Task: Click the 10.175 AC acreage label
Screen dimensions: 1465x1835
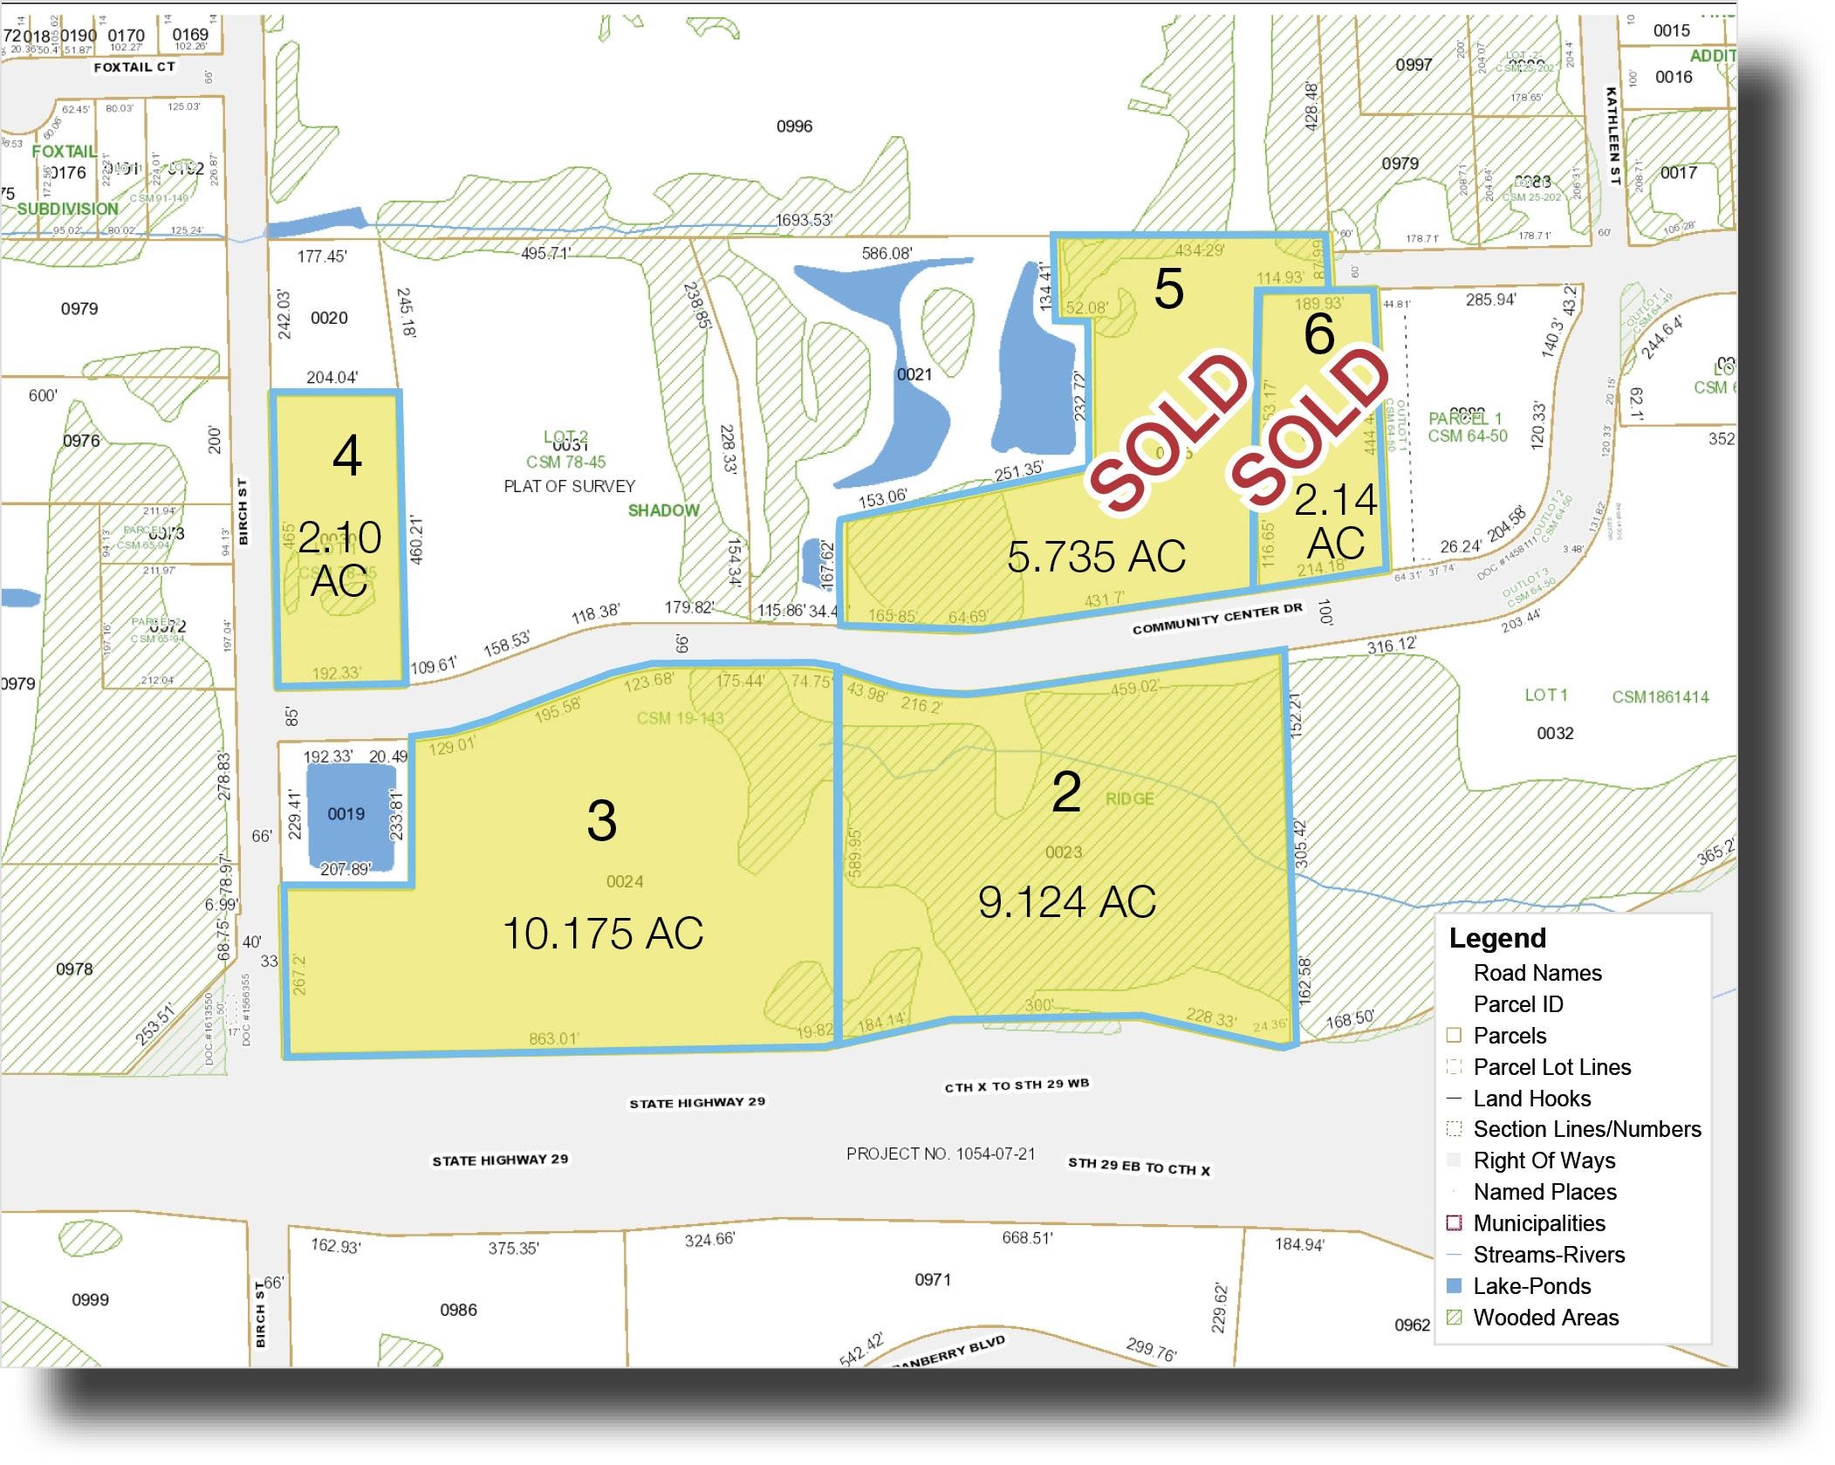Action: tap(603, 934)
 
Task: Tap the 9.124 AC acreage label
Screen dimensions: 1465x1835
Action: tap(1066, 902)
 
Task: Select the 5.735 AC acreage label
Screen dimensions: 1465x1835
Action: tap(1096, 557)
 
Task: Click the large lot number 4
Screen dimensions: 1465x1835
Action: tap(347, 455)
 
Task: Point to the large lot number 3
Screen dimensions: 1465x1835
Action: tap(602, 821)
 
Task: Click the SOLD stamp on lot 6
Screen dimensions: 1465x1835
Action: tap(1309, 428)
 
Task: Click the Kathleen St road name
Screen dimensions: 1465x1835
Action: tap(1613, 134)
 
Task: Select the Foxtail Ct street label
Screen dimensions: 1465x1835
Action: tap(134, 66)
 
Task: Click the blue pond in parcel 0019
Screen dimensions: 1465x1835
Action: tap(346, 815)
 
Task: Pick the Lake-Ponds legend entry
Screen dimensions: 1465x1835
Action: tap(1531, 1286)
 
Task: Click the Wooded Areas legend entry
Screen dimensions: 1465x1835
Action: tap(1545, 1318)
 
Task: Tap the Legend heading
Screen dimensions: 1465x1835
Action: tap(1497, 938)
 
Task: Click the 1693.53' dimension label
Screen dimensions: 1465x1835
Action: tap(805, 220)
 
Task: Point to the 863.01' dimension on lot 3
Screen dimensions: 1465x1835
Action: tap(553, 1038)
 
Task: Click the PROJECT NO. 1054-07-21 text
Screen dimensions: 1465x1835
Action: tap(941, 1154)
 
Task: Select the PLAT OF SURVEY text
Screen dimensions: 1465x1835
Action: tap(569, 486)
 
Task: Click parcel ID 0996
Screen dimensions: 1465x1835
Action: tap(794, 127)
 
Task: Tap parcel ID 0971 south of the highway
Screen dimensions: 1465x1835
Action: tap(932, 1279)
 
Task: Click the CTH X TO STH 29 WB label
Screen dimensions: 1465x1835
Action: tap(1017, 1085)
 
